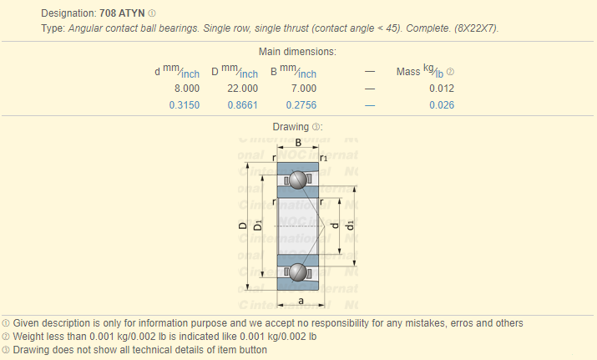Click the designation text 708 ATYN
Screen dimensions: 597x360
pos(122,13)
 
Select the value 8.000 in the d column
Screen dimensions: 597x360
pos(187,89)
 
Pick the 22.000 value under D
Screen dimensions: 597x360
pos(242,89)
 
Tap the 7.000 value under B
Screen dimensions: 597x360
pos(304,89)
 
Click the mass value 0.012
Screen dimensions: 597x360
pos(442,89)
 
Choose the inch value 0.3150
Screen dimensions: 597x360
pos(185,105)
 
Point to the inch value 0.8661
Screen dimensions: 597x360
pos(242,105)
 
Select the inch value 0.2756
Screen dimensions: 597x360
pos(301,105)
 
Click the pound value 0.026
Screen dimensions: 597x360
pos(442,105)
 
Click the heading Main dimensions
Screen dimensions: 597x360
pos(297,52)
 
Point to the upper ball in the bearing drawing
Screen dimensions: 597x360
pos(298,180)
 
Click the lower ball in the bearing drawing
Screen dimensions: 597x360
pos(298,272)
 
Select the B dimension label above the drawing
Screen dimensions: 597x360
pos(298,143)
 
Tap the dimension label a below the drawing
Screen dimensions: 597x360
pos(301,301)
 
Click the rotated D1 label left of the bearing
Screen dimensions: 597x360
pos(258,226)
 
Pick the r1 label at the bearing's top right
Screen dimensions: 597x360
pos(323,158)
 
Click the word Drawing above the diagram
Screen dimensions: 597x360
pos(291,127)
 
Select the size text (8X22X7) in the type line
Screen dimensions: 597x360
pos(476,28)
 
